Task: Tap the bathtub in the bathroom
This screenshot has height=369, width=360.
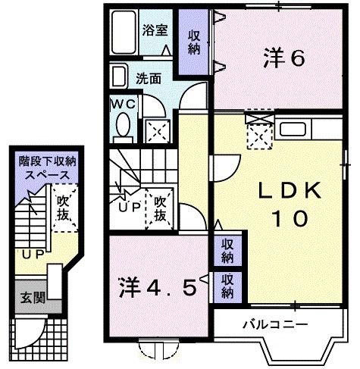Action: point(122,33)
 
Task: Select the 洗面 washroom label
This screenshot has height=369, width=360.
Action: point(149,77)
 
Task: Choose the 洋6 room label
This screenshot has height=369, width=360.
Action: point(285,58)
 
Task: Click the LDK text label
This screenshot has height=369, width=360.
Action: point(282,189)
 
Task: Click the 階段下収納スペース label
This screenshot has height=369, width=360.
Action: point(42,168)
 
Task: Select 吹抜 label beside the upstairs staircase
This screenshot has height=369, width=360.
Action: point(160,208)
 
